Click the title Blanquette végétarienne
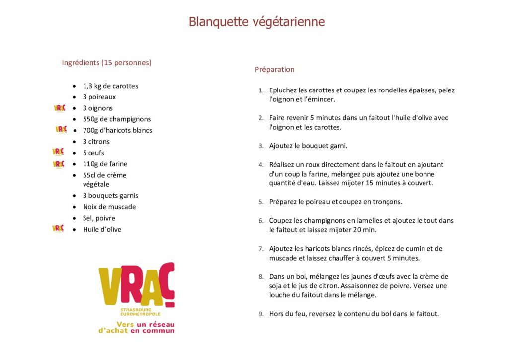point(256,22)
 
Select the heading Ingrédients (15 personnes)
point(106,63)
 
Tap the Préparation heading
point(275,70)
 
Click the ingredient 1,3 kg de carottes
point(110,86)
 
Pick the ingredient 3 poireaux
point(99,97)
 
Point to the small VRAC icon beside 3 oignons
point(59,108)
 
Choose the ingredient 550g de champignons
point(117,119)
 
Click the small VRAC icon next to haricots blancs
point(61,130)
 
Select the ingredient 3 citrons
point(96,142)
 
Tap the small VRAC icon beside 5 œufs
point(58,152)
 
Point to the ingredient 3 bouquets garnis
point(110,196)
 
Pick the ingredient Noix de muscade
point(109,207)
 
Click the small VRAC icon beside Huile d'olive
point(58,228)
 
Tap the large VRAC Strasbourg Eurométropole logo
point(137,288)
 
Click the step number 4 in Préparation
point(261,165)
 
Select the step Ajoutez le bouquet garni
point(308,146)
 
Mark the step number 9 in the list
point(261,314)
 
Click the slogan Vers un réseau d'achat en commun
point(137,327)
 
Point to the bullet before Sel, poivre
point(74,218)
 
